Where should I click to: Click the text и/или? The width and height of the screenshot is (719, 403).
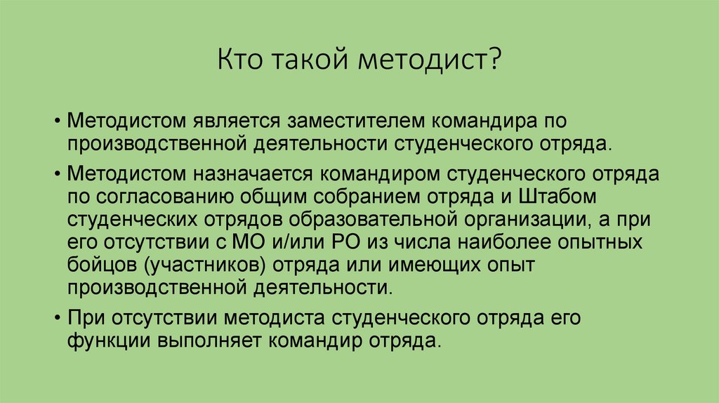(288, 242)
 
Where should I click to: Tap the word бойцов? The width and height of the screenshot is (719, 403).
(98, 265)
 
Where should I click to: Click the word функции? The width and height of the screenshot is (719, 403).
(101, 341)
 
